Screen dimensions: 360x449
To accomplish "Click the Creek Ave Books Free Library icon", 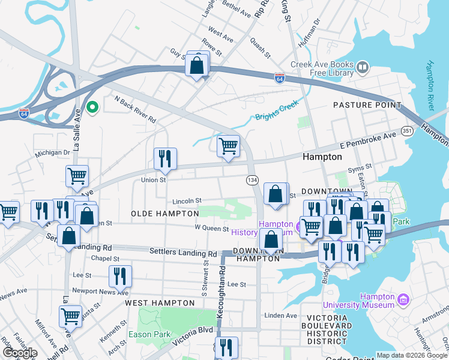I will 363,68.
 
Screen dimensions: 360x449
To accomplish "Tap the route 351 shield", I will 407,131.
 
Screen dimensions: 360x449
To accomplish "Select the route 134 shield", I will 252,180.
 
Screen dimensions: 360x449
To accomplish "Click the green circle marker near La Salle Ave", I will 92,108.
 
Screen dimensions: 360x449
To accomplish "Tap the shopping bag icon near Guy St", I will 197,65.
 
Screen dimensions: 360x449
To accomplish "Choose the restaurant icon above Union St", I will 165,159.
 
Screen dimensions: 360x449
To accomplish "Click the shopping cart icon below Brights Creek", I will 228,146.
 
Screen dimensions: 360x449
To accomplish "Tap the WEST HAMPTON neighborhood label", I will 154,304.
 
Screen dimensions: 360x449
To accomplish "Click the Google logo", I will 19,353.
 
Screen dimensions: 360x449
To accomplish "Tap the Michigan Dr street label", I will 52,153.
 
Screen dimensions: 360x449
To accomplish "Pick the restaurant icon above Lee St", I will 121,277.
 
